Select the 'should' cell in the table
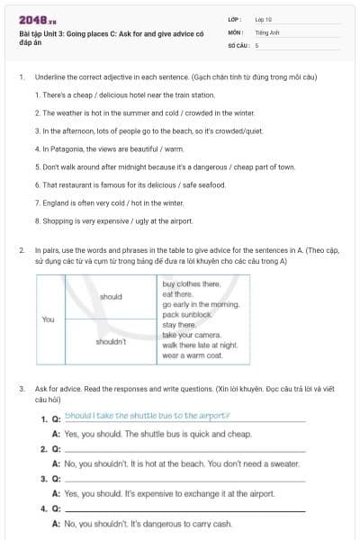pos(112,296)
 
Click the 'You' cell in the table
pos(49,319)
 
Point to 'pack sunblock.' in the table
pos(186,315)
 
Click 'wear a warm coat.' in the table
pos(192,355)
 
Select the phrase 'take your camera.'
pos(191,335)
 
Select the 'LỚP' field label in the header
pos(235,19)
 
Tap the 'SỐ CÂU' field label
pos(238,44)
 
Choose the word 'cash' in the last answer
pos(223,524)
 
